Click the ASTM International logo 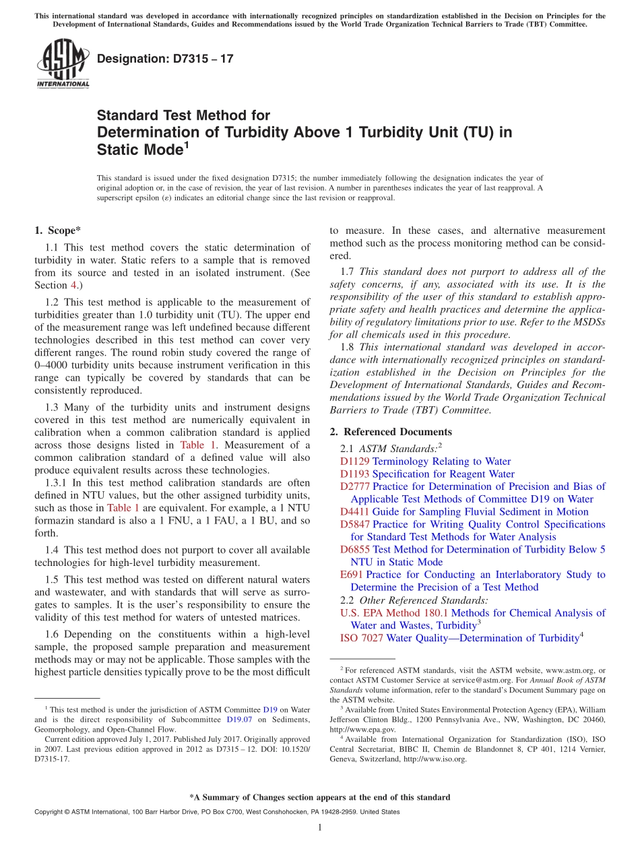tap(63, 63)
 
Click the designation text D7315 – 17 tap(165, 59)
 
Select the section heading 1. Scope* tap(58, 230)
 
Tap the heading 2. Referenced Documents tap(391, 432)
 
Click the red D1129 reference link tap(354, 462)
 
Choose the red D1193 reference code tap(354, 474)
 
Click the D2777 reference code tap(354, 486)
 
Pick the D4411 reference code tap(354, 512)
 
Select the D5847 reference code tap(354, 524)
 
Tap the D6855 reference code tap(354, 550)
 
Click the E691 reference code tap(352, 575)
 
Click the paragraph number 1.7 tap(348, 272)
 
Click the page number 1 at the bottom tap(320, 828)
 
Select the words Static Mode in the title tap(139, 150)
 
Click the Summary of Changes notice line tap(320, 797)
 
